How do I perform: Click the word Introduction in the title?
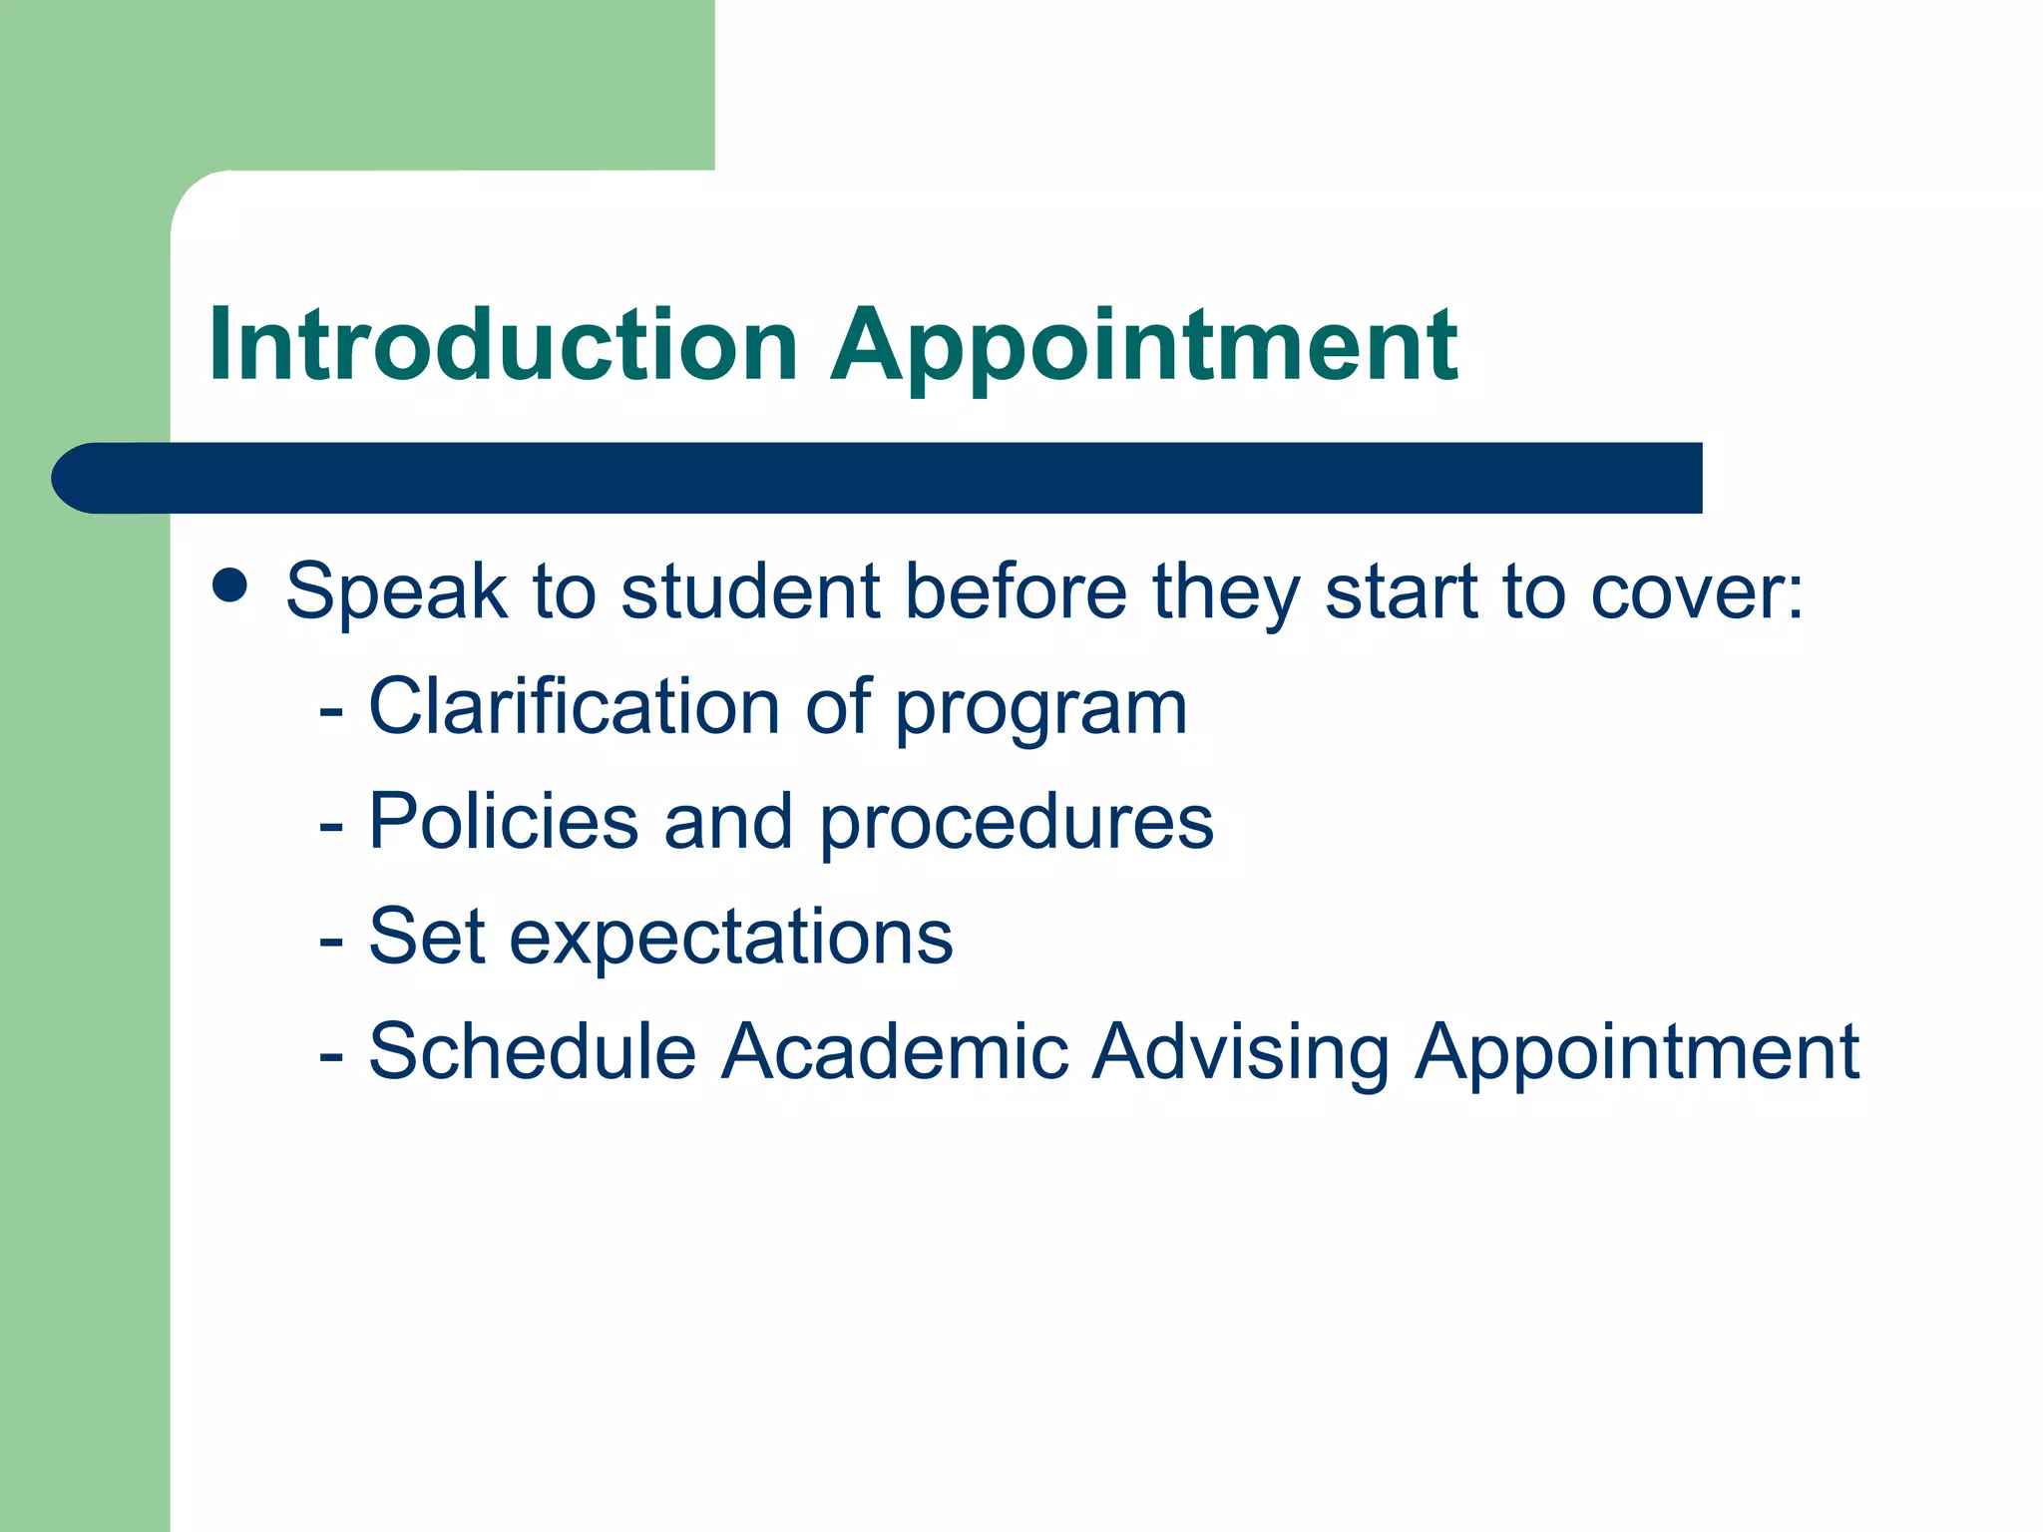tap(504, 344)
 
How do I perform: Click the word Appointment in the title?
tap(1144, 344)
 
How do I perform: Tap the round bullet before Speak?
tap(230, 586)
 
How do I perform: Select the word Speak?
tap(396, 591)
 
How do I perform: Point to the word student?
tap(750, 591)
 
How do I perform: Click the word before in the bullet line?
tap(1016, 591)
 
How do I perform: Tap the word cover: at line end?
tap(1696, 591)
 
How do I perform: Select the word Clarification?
tap(574, 706)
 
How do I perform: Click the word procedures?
tap(1017, 824)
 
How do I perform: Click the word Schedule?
tap(532, 1051)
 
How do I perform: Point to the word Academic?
tap(895, 1051)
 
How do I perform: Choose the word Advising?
tap(1240, 1053)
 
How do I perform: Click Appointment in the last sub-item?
tap(1637, 1053)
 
